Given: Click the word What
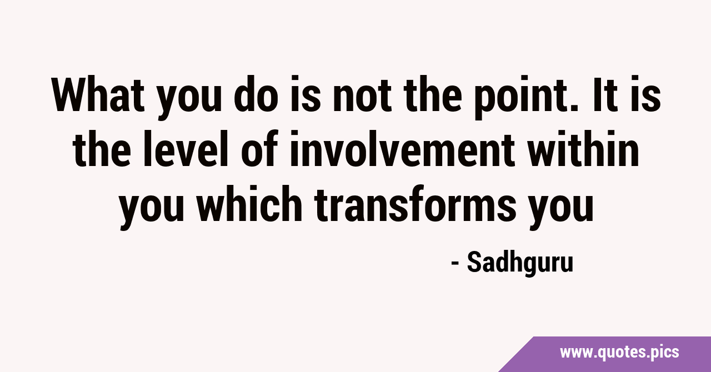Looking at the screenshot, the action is coord(98,94).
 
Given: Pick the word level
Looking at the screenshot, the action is coord(186,148).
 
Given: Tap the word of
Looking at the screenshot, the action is coord(260,148).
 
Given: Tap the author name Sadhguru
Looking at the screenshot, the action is coord(520,263).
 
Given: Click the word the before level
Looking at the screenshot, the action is coord(102,148).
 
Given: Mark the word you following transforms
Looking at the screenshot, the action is coord(561,208).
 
